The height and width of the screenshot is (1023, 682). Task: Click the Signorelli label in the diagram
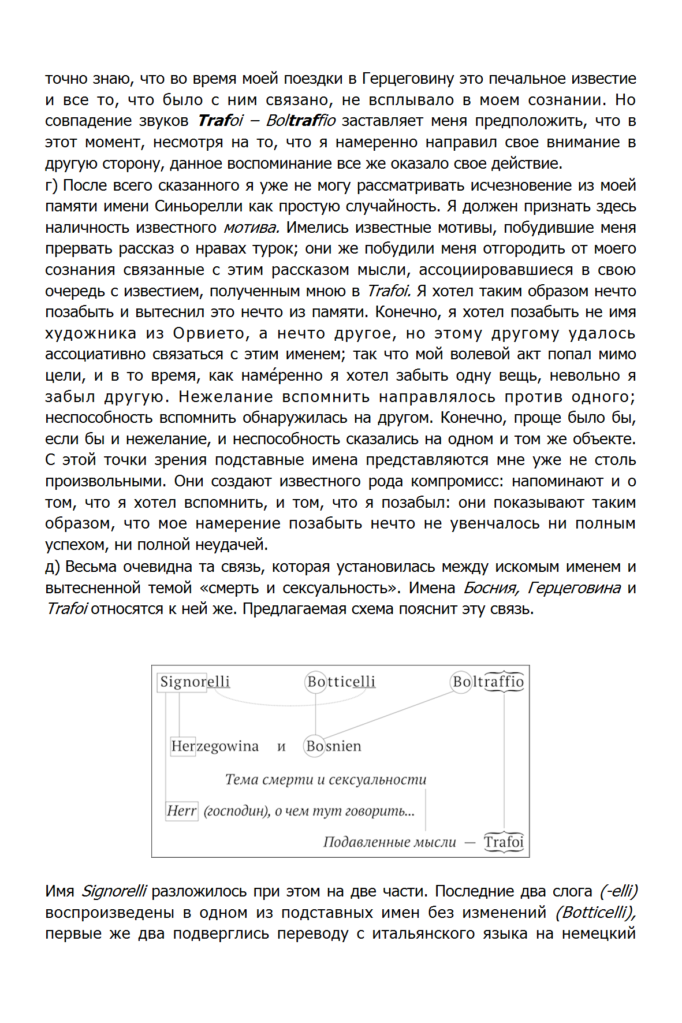pyautogui.click(x=195, y=682)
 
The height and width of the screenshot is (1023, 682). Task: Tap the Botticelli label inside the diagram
pyautogui.click(x=341, y=682)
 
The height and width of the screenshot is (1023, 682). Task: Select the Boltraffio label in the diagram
pyautogui.click(x=488, y=682)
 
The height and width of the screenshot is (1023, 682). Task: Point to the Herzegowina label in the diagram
pyautogui.click(x=215, y=746)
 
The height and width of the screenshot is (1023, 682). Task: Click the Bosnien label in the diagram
pyautogui.click(x=333, y=746)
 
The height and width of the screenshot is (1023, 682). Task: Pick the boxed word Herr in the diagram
pyautogui.click(x=181, y=811)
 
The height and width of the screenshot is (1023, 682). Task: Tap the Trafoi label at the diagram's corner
pyautogui.click(x=504, y=842)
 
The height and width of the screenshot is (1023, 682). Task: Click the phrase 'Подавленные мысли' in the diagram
pyautogui.click(x=390, y=842)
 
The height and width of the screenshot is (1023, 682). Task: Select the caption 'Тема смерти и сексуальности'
pyautogui.click(x=326, y=780)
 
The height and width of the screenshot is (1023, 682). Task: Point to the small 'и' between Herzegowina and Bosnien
pyautogui.click(x=281, y=747)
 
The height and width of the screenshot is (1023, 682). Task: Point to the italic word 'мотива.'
pyautogui.click(x=251, y=228)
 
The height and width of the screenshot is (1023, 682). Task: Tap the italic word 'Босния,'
pyautogui.click(x=491, y=588)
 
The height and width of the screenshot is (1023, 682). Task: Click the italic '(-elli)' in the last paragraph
pyautogui.click(x=618, y=891)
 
